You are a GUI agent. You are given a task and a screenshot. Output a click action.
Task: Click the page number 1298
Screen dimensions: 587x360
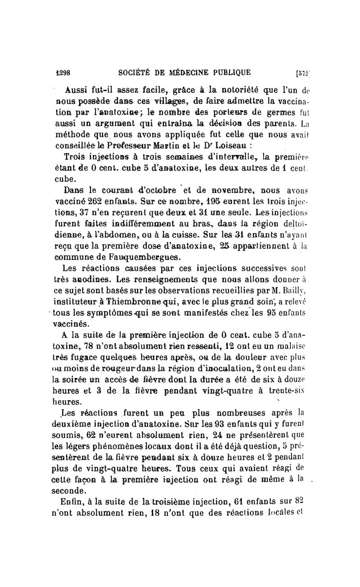tap(65, 72)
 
